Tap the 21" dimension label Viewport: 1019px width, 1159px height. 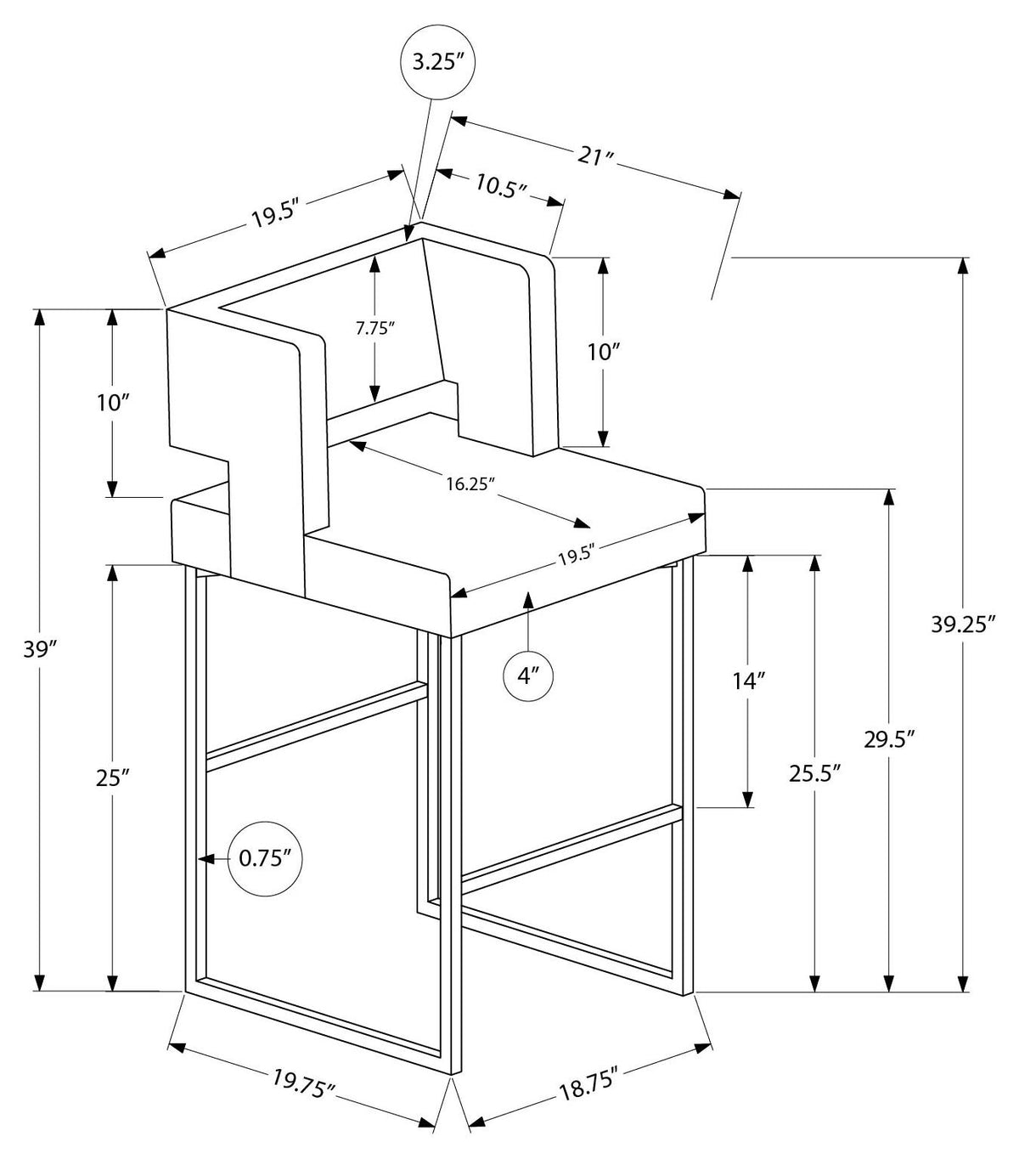pyautogui.click(x=594, y=156)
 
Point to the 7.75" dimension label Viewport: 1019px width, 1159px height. pyautogui.click(x=375, y=328)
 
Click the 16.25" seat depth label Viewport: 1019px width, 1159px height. pyautogui.click(x=470, y=484)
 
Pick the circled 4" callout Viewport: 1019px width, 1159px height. pyautogui.click(x=527, y=676)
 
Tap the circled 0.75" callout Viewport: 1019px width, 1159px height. pyautogui.click(x=265, y=859)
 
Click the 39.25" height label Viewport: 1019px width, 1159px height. pyautogui.click(x=964, y=625)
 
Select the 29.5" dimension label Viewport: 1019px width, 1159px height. pyautogui.click(x=890, y=740)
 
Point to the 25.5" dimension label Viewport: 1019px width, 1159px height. pyautogui.click(x=814, y=773)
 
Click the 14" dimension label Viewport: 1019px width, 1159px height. pyautogui.click(x=748, y=681)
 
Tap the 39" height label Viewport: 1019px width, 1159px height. pyautogui.click(x=39, y=650)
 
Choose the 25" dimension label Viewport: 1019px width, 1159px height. pyautogui.click(x=113, y=778)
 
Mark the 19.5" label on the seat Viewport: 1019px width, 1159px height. pyautogui.click(x=577, y=555)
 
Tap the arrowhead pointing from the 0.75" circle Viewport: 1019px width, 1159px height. pyautogui.click(x=205, y=859)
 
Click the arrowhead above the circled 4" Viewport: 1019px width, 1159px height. pyautogui.click(x=528, y=600)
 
